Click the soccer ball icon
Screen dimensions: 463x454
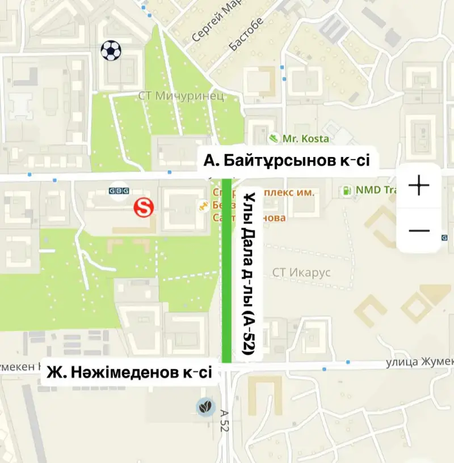[x=111, y=50]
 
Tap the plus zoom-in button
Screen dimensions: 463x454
[x=419, y=185]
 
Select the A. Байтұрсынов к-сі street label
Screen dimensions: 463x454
[x=287, y=161]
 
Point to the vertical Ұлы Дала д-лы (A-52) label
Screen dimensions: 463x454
[x=247, y=274]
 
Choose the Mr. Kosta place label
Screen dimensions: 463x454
[x=306, y=138]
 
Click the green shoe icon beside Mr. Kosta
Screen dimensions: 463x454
[x=274, y=138]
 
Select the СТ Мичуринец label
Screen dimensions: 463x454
[x=180, y=95]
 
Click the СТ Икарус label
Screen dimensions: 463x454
[x=301, y=273]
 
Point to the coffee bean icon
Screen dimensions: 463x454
[x=205, y=406]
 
